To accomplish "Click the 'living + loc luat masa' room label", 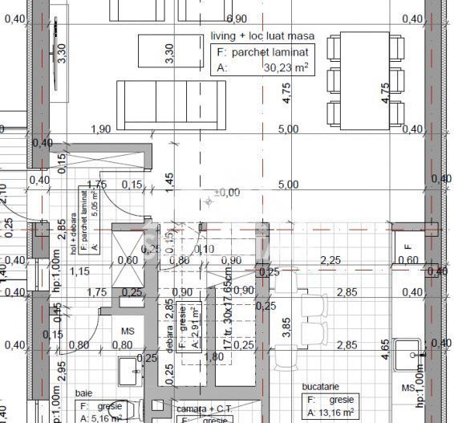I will click(261, 36).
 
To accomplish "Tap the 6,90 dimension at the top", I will click(237, 18).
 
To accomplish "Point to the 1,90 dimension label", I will click(101, 129).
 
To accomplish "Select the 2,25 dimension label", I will click(330, 259).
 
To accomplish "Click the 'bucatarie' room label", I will click(323, 386).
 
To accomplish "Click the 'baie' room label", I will click(83, 393).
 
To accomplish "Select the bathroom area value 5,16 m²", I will click(110, 417).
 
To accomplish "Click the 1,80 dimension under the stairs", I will click(214, 356).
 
